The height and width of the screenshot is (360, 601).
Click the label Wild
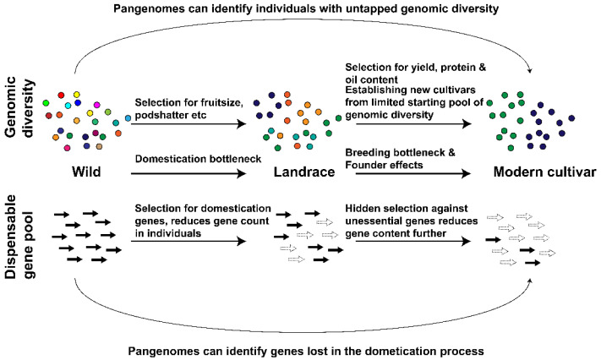[86, 172]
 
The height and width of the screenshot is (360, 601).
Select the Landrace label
[304, 172]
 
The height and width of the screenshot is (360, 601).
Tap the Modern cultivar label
[544, 172]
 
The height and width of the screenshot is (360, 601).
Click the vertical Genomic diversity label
[19, 106]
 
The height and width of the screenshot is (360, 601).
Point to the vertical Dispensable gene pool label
[19, 237]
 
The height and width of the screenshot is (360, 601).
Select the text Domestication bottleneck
[198, 159]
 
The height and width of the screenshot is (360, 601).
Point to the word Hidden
[363, 209]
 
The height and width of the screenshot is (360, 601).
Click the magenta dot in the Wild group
[97, 105]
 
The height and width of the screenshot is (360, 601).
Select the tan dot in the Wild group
[99, 146]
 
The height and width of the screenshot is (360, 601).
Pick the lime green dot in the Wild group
[107, 112]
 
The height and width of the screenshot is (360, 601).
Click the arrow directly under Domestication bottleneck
[188, 174]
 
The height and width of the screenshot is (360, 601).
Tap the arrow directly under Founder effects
[413, 174]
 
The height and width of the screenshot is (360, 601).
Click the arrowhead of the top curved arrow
[530, 70]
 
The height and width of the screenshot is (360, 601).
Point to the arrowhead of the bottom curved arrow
[530, 281]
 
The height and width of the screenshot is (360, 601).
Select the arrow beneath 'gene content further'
[413, 241]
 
